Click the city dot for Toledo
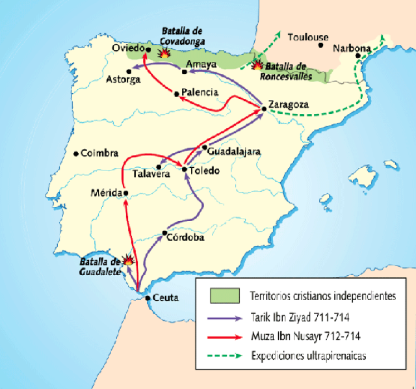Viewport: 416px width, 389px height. (185, 170)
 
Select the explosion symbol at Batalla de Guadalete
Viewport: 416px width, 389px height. (129, 259)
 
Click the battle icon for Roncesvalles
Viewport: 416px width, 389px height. (258, 66)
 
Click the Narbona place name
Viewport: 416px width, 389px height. (352, 49)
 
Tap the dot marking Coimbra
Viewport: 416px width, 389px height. (76, 154)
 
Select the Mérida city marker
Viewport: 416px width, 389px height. (125, 193)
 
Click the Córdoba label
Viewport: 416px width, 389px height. (185, 237)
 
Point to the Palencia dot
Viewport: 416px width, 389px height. (176, 94)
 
